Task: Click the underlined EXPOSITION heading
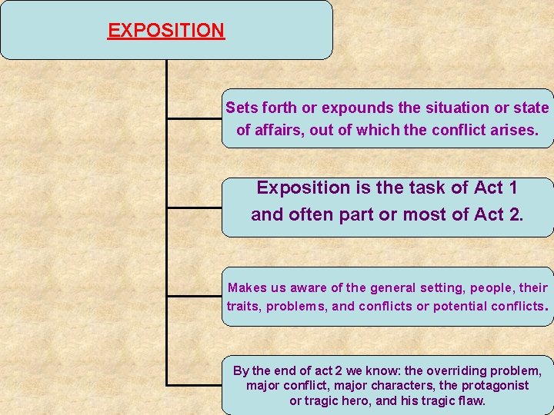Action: [x=165, y=31]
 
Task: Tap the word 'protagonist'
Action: [x=491, y=386]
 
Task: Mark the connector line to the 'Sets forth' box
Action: [x=194, y=119]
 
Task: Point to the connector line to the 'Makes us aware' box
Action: [x=194, y=296]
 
